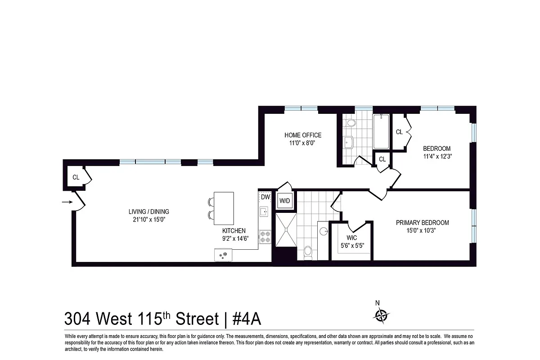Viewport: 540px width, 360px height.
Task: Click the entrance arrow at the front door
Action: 67,202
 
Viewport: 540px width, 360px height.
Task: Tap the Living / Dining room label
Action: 148,211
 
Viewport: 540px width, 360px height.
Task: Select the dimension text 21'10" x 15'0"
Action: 148,220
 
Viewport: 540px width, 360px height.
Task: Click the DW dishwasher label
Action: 265,197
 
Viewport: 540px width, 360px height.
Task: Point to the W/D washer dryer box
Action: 284,201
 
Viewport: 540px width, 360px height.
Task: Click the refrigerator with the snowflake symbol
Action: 223,255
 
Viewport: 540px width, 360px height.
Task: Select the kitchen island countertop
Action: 224,208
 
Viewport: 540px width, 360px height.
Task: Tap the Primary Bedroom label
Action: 422,222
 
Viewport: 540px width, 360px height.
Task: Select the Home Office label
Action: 303,135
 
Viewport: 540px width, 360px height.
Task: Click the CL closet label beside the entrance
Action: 76,177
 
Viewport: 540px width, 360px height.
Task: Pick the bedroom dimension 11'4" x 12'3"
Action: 436,157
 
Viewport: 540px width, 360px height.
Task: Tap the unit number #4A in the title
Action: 246,319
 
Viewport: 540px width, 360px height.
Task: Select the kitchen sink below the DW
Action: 264,211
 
